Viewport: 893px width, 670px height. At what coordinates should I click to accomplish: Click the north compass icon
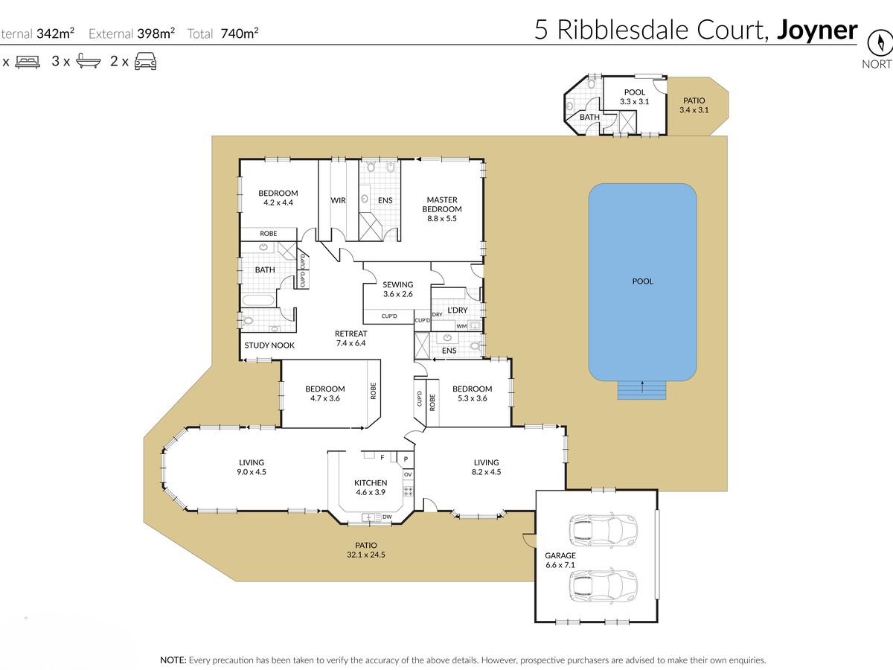881,42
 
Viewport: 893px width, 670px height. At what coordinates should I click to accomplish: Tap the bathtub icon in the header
89,61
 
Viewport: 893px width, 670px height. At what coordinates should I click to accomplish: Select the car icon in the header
145,61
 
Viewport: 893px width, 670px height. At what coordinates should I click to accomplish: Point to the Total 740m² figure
223,33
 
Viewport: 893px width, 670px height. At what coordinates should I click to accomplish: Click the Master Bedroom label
442,209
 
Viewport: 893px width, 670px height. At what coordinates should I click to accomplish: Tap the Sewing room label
398,290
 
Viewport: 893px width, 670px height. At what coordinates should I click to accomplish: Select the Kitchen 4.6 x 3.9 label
371,488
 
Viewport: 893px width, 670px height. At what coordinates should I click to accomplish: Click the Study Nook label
269,345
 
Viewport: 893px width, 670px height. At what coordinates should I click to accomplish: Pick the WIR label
338,200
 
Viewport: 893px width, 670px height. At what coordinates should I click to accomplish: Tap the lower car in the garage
603,586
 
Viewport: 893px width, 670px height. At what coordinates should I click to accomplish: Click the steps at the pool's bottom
642,390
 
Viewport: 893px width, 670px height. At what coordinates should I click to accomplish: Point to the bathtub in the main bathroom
259,301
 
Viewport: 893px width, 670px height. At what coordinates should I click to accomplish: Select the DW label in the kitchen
387,517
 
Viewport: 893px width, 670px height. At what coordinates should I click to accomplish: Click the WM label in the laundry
461,326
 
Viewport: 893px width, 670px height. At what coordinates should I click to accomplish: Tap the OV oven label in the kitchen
408,475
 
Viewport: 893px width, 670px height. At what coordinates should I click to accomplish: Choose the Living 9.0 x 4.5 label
252,467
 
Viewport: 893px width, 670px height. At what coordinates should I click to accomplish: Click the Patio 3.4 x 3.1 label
694,105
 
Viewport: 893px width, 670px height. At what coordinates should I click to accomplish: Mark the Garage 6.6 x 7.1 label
560,560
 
